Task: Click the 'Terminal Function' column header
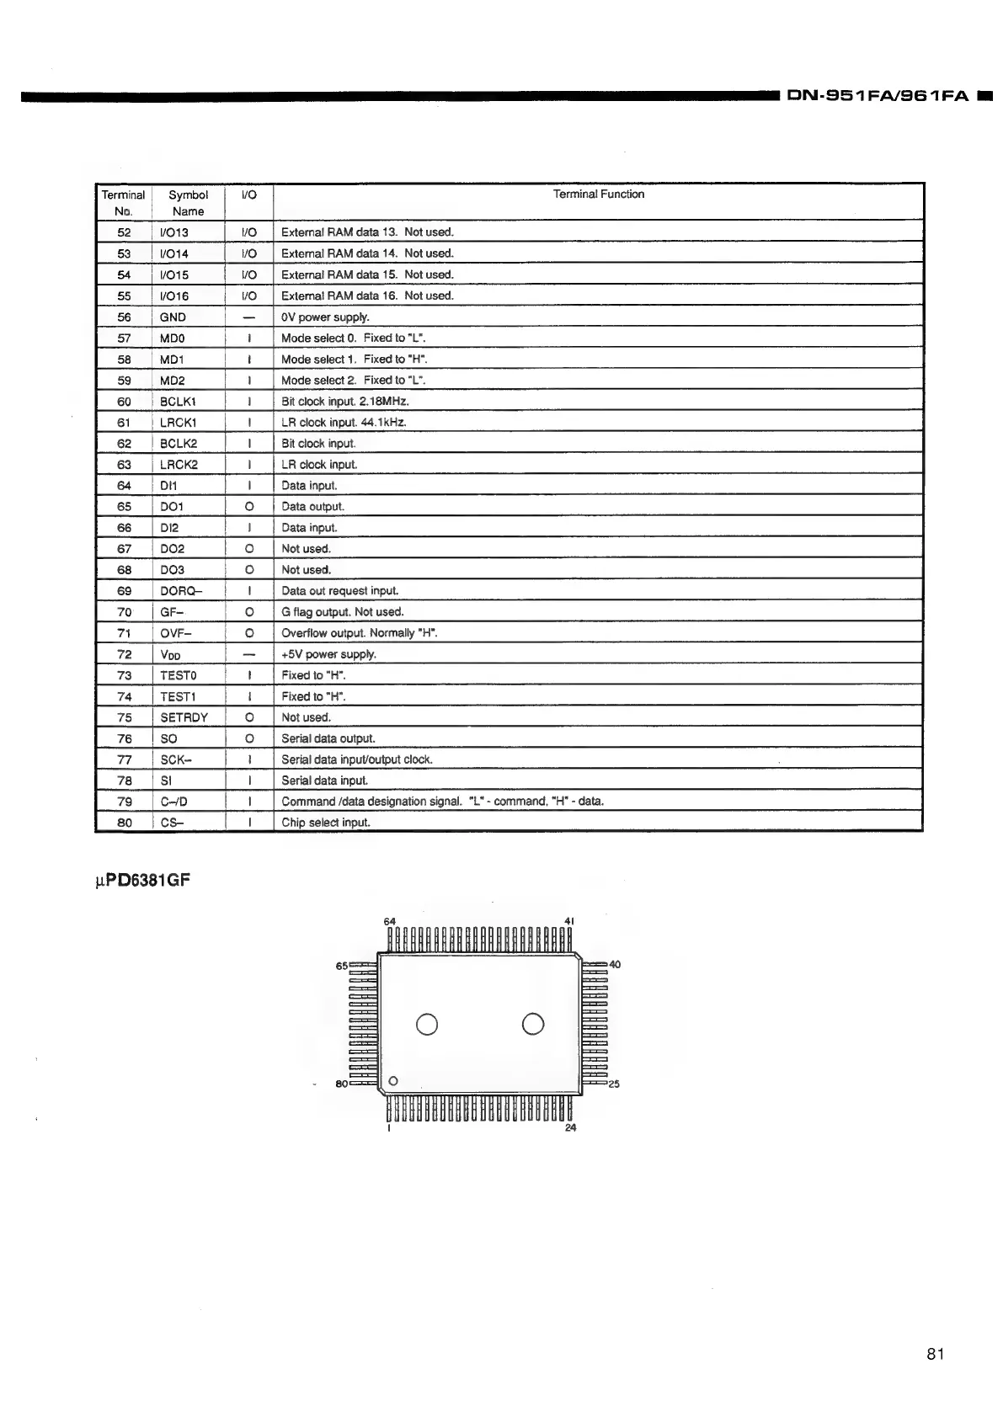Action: pos(598,194)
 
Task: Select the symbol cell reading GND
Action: pos(173,317)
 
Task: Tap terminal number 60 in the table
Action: pos(124,402)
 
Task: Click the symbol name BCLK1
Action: pos(178,402)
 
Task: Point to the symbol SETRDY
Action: pos(184,717)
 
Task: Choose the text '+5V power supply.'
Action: pos(328,654)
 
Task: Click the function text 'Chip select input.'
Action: pos(325,823)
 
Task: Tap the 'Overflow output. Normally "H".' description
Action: pos(359,633)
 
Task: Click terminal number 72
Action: pos(124,654)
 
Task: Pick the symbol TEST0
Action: pos(178,675)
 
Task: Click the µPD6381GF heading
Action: pos(142,881)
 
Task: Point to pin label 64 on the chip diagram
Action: pos(390,921)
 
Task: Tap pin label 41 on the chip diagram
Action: pos(569,921)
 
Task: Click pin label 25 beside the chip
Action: pos(614,1084)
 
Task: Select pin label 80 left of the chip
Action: pos(341,1084)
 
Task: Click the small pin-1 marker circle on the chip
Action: pos(393,1081)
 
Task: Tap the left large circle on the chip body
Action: pos(427,1024)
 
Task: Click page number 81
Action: pos(936,1354)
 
